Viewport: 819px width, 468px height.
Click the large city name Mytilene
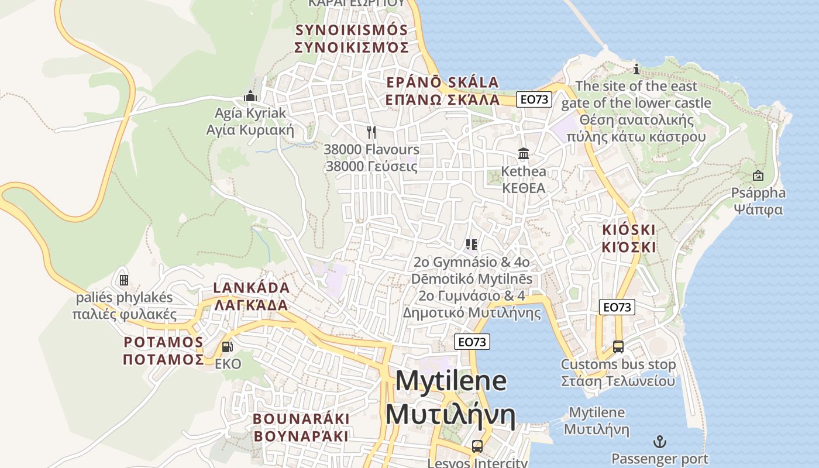[450, 381]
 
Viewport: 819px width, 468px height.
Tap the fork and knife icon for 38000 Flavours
[371, 132]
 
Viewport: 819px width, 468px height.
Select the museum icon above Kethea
[524, 154]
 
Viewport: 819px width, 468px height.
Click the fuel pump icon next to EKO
[227, 347]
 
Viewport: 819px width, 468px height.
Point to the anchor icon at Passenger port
[660, 441]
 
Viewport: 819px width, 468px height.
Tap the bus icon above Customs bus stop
[618, 347]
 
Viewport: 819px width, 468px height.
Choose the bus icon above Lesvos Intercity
[477, 446]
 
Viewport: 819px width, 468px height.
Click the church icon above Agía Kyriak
[250, 96]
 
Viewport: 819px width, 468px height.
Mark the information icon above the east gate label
[636, 70]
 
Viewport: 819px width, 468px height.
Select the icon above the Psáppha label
[758, 175]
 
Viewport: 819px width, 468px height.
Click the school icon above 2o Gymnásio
[472, 244]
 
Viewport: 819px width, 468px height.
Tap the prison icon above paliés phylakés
[124, 280]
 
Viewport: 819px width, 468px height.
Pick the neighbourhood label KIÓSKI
[629, 229]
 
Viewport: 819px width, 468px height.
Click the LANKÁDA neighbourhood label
[252, 288]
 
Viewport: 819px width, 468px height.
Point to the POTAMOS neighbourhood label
[163, 342]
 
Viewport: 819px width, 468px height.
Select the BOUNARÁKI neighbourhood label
[301, 419]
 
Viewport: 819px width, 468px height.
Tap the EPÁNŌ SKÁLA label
[442, 82]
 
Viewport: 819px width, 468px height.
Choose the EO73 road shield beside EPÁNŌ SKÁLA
[535, 99]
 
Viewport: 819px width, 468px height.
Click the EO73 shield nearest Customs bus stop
[617, 307]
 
